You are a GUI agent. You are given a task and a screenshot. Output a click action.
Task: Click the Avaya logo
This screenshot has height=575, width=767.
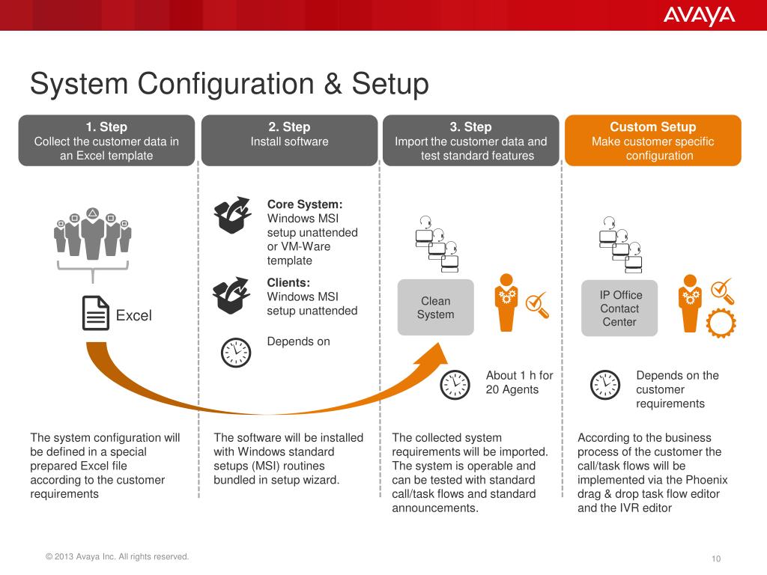698,16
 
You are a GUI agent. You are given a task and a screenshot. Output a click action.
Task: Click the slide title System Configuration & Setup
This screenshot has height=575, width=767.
229,83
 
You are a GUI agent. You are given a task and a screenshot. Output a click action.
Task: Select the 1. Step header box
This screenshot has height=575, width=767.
106,140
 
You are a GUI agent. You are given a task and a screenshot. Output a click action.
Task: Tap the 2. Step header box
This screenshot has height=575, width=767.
289,140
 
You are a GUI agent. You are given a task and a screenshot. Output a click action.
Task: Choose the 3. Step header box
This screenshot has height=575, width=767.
470,140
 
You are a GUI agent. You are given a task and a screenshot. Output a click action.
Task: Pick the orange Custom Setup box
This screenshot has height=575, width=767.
652,140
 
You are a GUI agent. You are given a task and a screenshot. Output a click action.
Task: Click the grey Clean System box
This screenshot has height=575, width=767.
435,307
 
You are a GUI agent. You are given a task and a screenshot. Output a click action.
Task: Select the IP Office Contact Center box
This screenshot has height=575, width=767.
619,308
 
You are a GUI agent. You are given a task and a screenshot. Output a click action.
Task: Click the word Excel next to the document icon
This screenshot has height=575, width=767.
133,315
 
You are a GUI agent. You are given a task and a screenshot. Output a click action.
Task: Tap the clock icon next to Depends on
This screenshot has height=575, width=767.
235,353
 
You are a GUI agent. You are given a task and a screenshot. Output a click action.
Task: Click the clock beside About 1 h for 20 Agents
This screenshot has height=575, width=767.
455,385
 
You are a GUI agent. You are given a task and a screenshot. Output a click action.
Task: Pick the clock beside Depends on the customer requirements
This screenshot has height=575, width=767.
605,385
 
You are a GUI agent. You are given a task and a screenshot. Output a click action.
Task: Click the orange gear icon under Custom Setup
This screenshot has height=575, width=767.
721,323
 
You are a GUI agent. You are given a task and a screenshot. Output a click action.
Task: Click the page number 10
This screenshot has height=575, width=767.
716,559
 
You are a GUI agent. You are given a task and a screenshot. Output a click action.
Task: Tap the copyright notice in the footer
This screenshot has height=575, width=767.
118,556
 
